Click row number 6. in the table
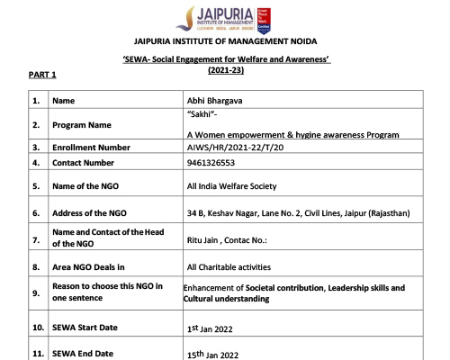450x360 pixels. click(x=36, y=213)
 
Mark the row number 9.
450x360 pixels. click(x=36, y=292)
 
